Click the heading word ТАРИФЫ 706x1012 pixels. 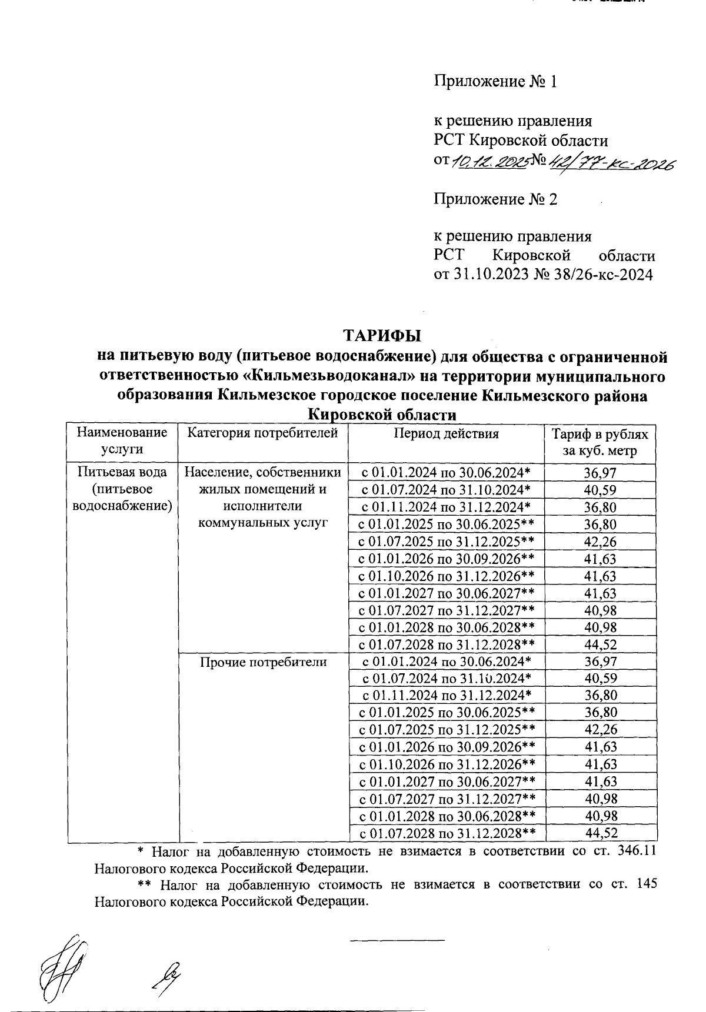coord(382,336)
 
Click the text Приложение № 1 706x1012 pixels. coord(495,82)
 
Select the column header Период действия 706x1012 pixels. coord(446,434)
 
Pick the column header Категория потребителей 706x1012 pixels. coord(262,434)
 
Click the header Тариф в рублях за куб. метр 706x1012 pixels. coord(600,443)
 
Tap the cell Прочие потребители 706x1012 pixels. coord(263,662)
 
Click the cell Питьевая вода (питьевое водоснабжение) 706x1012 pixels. coord(122,489)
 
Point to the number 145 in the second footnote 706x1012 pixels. coord(645,884)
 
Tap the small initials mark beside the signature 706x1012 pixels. coord(166,976)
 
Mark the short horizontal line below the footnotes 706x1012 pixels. coord(397,940)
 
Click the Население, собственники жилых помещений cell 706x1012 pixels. coord(263,497)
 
